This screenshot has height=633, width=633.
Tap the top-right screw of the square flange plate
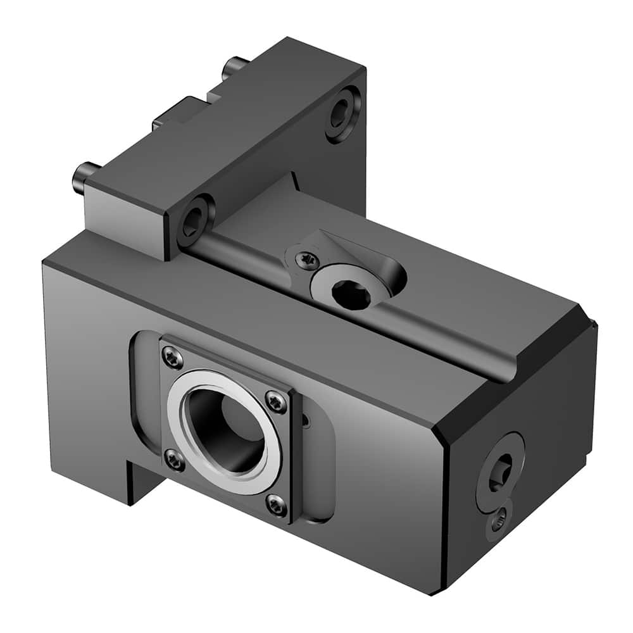tap(275, 400)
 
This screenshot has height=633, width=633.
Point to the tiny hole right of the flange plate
tap(306, 420)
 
